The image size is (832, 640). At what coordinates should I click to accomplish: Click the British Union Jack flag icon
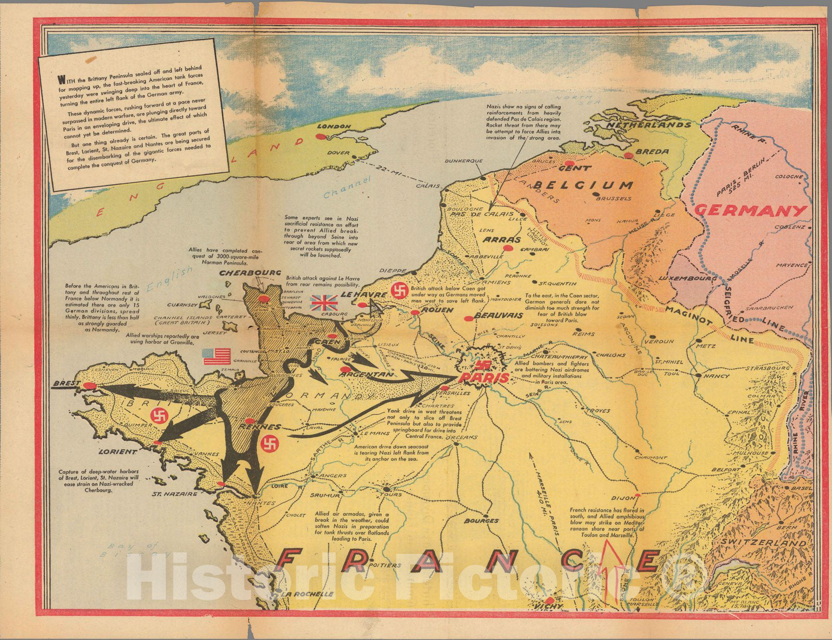[x=324, y=302]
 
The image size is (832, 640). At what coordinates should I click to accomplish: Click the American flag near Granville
[x=216, y=356]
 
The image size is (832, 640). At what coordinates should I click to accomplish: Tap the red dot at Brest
[x=90, y=386]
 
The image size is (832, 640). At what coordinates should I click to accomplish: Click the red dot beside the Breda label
[x=629, y=155]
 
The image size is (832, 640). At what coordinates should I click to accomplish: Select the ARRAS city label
[x=501, y=240]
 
